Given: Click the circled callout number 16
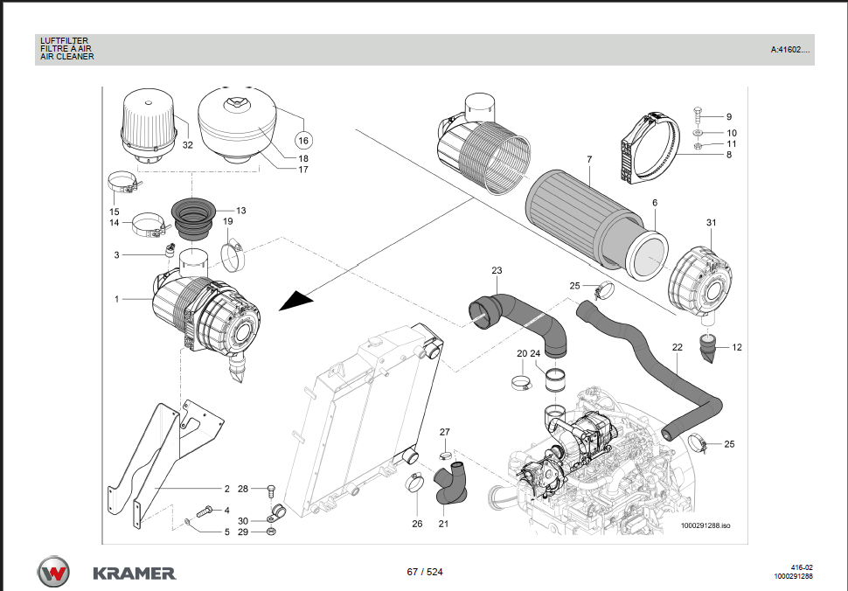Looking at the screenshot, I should tap(303, 140).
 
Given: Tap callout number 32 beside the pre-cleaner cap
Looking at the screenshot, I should tap(188, 145).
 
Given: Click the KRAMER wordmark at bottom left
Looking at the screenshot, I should tap(134, 574).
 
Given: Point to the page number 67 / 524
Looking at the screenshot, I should tap(425, 572).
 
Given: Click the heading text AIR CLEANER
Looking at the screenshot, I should tap(67, 57).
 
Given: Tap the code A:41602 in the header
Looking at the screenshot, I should tap(789, 50).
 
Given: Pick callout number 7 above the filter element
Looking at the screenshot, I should tap(589, 159).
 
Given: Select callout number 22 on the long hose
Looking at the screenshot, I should tap(677, 347).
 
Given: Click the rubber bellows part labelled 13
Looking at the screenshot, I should tap(195, 218).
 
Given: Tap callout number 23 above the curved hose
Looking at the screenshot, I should tap(497, 270).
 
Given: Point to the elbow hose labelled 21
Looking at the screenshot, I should tap(450, 485).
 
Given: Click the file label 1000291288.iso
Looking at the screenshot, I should tap(706, 525).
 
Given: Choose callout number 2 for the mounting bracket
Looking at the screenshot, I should tap(226, 489).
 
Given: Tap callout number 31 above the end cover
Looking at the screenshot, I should tap(711, 223).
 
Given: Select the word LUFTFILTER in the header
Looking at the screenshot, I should tap(64, 40).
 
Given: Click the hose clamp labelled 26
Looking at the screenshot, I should tap(414, 482).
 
